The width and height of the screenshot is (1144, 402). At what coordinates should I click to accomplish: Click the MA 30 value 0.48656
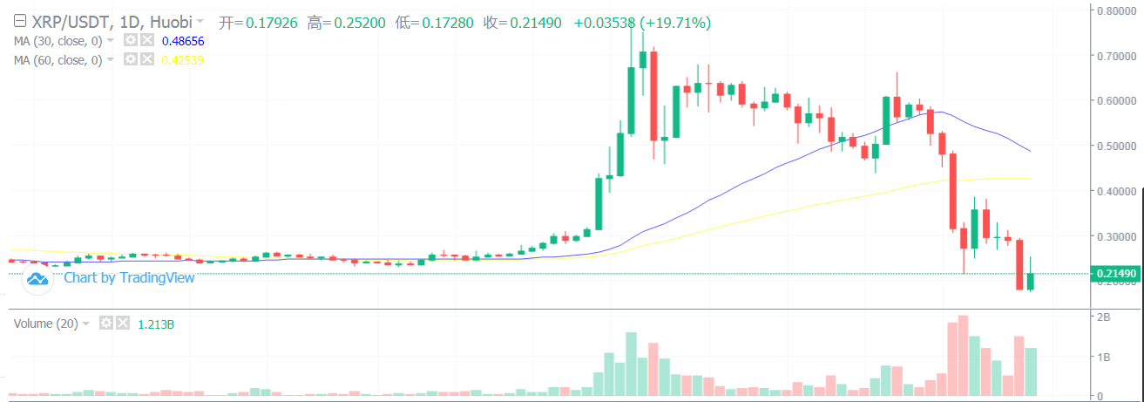tap(183, 40)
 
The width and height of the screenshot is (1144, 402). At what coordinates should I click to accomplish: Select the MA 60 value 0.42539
tap(183, 59)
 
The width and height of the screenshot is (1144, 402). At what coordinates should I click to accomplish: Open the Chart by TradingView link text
tap(129, 277)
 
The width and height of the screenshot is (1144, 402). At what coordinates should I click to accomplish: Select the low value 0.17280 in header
tap(448, 21)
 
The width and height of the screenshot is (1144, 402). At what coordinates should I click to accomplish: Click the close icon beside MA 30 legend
tap(146, 40)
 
